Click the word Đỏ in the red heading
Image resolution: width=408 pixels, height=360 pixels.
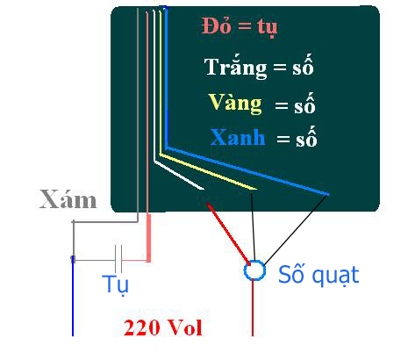click(x=217, y=25)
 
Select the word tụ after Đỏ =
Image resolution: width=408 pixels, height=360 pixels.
click(x=268, y=27)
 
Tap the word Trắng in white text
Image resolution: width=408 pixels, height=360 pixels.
click(x=235, y=67)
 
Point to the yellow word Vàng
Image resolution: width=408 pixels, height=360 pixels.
click(x=235, y=104)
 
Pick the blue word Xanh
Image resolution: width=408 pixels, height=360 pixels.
click(x=238, y=137)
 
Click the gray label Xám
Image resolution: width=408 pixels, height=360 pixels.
click(x=68, y=199)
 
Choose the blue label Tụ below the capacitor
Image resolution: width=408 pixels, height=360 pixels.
click(x=115, y=284)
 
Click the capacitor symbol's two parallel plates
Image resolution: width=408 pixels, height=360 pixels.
click(x=118, y=259)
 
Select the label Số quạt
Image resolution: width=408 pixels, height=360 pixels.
click(x=319, y=275)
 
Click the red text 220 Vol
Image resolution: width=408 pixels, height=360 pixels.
click(x=163, y=328)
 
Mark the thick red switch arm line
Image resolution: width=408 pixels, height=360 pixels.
click(x=228, y=234)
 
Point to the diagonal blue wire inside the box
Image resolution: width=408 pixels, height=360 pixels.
click(x=247, y=170)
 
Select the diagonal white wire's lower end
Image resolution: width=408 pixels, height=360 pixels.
click(x=204, y=189)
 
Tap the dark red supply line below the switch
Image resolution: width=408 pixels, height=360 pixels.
click(x=253, y=308)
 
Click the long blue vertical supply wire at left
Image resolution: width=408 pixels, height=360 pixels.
click(x=73, y=296)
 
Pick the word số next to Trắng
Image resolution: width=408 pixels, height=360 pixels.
click(x=303, y=65)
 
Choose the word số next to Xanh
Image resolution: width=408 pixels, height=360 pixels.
click(x=306, y=137)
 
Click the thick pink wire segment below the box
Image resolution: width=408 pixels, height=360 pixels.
click(x=148, y=238)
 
